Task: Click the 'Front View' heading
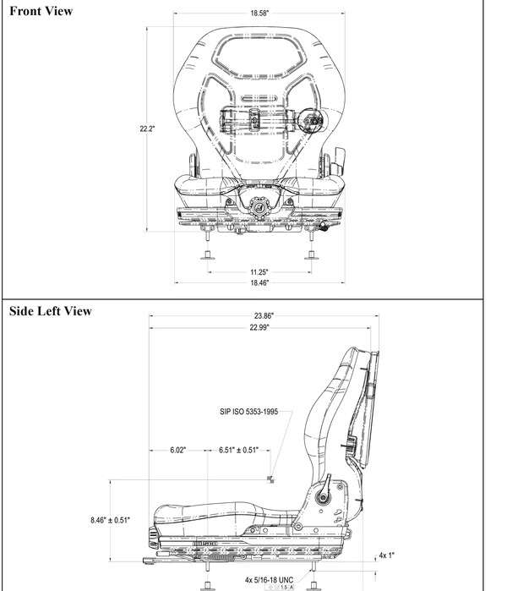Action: [41, 11]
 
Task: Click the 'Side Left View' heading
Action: [50, 310]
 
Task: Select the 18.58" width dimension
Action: [259, 14]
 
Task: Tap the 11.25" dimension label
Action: [259, 271]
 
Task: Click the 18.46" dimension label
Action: [259, 282]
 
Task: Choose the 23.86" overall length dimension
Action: [262, 315]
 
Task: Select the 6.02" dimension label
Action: [177, 451]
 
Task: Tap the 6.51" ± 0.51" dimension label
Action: [238, 451]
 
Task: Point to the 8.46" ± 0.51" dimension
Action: [110, 520]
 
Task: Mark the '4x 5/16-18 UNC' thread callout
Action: [269, 579]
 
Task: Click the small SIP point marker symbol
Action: [270, 479]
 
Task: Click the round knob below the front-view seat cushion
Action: [259, 204]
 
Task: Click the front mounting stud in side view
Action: [205, 583]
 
